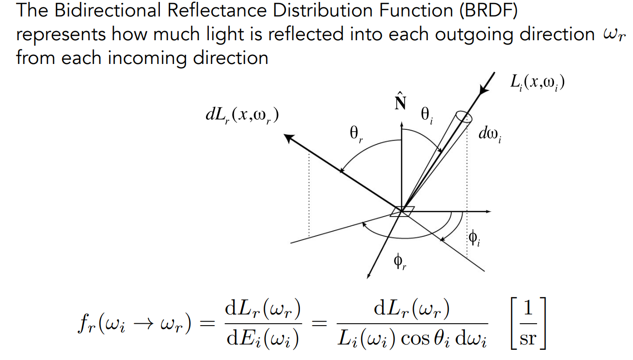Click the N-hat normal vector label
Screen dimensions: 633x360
coord(400,102)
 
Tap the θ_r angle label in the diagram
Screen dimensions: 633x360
coord(356,134)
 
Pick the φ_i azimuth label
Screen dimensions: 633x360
coord(474,238)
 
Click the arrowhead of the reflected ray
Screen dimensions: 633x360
coord(289,138)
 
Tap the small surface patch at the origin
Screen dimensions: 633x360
coord(402,211)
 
